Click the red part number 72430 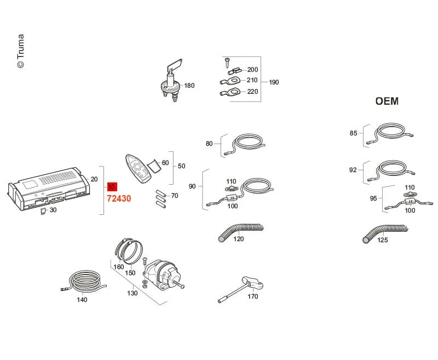(x=119, y=198)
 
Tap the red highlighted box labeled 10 (x=112, y=187)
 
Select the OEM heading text (x=387, y=101)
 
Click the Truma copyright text (x=21, y=51)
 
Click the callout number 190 (x=274, y=82)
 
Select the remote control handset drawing (x=139, y=169)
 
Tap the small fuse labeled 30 (x=43, y=211)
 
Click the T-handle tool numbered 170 (x=240, y=289)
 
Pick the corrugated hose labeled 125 (x=384, y=232)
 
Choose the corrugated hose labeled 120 (x=240, y=231)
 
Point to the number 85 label (x=353, y=133)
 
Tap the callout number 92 (x=353, y=170)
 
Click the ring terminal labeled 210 (x=230, y=81)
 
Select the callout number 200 (x=252, y=70)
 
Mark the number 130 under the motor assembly (x=132, y=293)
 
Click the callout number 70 (x=175, y=196)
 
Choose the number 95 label (x=373, y=198)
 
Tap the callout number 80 (x=209, y=144)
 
